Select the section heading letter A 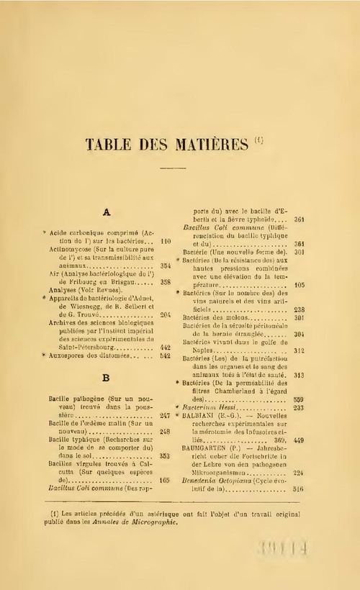coord(106,212)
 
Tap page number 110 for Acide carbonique coord(165,241)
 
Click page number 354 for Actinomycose coord(165,265)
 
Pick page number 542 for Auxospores coord(165,355)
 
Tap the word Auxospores coord(72,355)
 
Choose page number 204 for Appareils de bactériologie coord(165,314)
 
